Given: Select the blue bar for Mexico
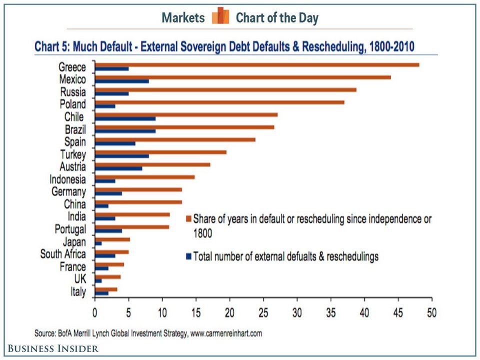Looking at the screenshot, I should pos(121,80).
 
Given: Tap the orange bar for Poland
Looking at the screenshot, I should pos(219,102).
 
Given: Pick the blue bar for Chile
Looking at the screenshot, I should pos(125,118).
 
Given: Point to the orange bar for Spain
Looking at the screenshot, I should pos(175,139).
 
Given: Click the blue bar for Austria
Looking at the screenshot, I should pos(118,168).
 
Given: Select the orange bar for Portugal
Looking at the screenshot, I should pos(132,226).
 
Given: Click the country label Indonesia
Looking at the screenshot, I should pos(67,179).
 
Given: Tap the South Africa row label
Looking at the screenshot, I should pos(63,254).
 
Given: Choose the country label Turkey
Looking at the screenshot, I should pos(73,154).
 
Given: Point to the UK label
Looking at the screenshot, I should pos(79,279).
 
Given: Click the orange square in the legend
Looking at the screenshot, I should pos(188,218).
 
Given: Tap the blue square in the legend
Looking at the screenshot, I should pos(188,256).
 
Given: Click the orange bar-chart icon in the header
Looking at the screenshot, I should pos(220,17).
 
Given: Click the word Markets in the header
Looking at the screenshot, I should pos(183,18).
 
